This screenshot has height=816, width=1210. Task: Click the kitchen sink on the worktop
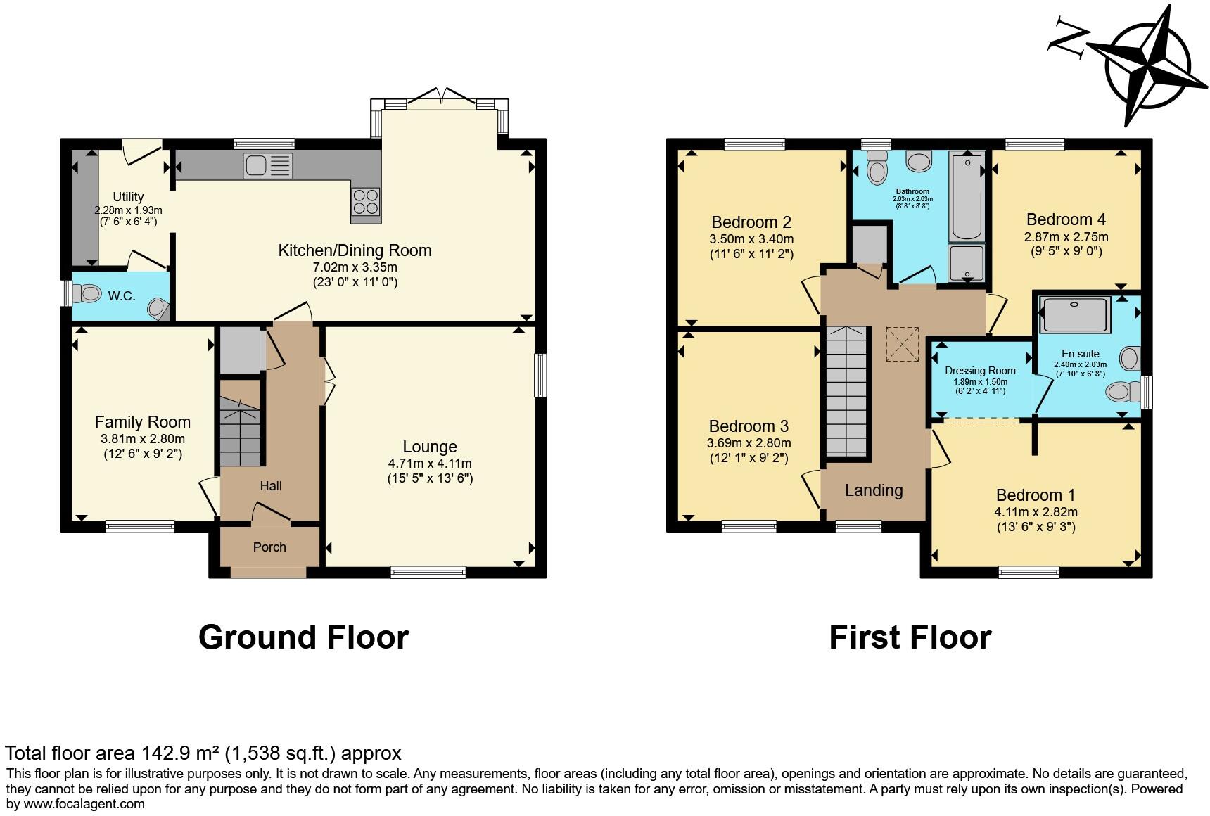[267, 166]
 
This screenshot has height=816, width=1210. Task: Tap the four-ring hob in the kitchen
[366, 202]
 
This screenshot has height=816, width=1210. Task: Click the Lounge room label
[430, 447]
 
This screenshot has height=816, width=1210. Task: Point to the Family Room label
[143, 422]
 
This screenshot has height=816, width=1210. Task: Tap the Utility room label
[128, 197]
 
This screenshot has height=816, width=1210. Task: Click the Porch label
[269, 547]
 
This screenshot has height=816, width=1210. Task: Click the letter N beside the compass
[1069, 36]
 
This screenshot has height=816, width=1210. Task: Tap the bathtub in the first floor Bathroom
[967, 198]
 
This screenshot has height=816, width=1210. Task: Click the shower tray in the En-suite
[1074, 314]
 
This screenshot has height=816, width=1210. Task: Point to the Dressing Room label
[980, 371]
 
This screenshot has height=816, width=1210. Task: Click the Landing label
[874, 490]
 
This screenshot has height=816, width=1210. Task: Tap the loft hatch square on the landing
[903, 344]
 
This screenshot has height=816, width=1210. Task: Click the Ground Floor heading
[304, 637]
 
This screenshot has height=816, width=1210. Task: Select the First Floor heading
[910, 637]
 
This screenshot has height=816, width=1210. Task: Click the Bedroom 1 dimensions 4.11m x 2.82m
[1036, 512]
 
